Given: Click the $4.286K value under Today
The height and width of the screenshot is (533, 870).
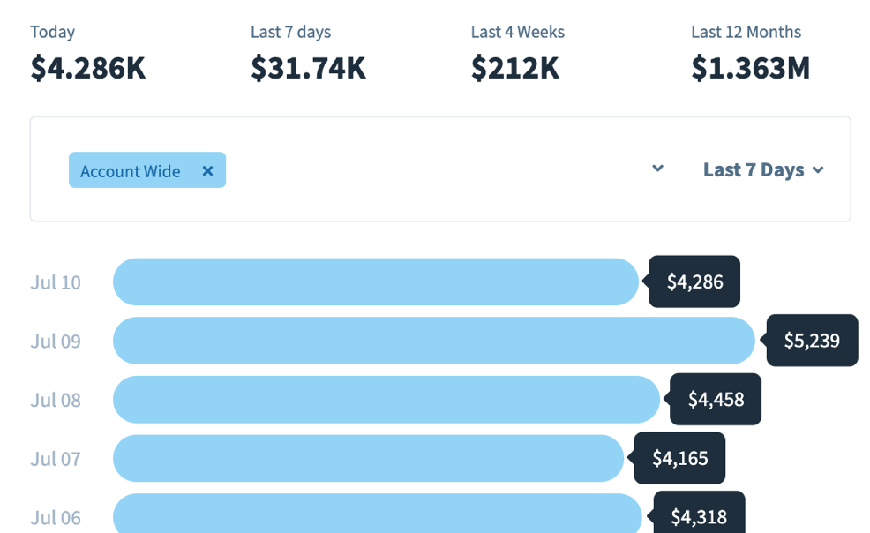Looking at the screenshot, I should tap(87, 68).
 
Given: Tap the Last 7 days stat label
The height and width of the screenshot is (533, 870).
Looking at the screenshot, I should tap(290, 32).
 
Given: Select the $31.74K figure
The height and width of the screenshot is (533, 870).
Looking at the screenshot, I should tap(308, 68).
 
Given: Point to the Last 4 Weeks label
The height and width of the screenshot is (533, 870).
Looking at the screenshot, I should tap(517, 32).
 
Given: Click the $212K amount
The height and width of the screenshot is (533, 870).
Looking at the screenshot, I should tap(514, 68).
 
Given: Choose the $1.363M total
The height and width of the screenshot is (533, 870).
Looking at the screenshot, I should tap(750, 68).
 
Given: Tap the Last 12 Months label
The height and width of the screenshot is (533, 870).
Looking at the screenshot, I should tap(746, 32).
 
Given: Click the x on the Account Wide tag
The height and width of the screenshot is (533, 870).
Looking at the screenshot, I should tap(207, 171).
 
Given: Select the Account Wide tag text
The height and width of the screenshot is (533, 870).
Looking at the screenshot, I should tap(130, 171).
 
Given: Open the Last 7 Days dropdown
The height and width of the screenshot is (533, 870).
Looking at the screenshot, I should tap(762, 169).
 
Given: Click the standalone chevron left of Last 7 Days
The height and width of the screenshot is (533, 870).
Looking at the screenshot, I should tap(657, 169).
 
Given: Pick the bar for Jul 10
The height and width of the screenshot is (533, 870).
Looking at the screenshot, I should tap(375, 282).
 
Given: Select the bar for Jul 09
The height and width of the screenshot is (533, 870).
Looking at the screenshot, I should tap(433, 341).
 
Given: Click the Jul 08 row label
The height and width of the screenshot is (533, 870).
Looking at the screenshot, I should tap(56, 400).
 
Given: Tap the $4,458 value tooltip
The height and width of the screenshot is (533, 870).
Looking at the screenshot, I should tap(716, 400).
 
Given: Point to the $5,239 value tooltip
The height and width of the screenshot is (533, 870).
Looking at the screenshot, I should tap(812, 341).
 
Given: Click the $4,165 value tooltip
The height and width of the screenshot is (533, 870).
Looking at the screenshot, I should tap(679, 458).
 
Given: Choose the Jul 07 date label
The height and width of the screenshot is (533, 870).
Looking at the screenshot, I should tap(56, 458).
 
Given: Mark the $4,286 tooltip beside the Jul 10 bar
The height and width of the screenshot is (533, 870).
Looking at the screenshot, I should tap(694, 282).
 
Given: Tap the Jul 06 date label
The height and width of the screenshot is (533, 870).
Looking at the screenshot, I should tap(56, 517).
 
